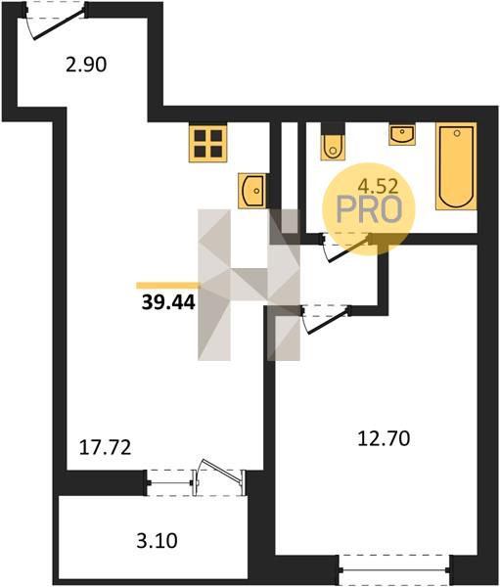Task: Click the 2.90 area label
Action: pos(86,65)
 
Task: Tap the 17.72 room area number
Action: pos(106,447)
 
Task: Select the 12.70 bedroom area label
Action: pos(384,438)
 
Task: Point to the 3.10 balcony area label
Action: pos(157,541)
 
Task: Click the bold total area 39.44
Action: pos(168,302)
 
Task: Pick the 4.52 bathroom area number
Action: pos(378,186)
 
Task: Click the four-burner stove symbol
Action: pos(208,144)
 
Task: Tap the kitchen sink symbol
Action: pos(252,191)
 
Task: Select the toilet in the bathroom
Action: pos(333,141)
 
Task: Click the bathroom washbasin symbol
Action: pos(402,135)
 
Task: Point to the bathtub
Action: pos(456,166)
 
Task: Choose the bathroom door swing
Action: pos(347,247)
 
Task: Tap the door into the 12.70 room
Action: pos(326,319)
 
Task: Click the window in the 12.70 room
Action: pos(394,569)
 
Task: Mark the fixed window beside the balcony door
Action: pos(170,483)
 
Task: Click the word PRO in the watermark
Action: pos(369,209)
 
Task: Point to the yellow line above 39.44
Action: pos(167,286)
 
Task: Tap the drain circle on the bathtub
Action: pos(457,133)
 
